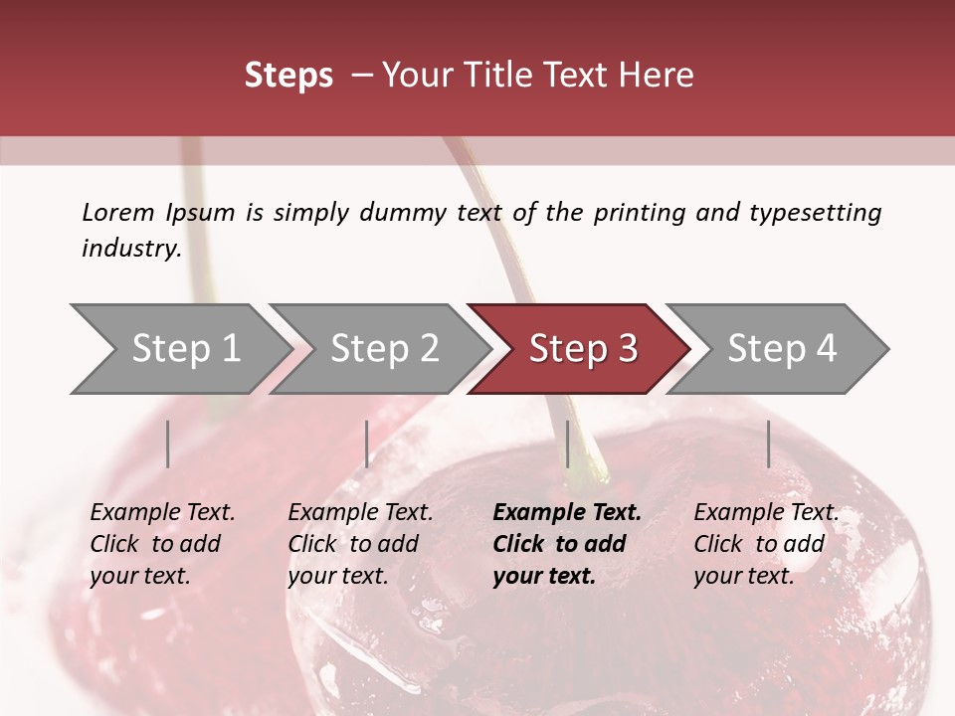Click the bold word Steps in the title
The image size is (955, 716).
[288, 76]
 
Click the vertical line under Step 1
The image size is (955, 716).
[168, 444]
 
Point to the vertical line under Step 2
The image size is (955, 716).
[367, 444]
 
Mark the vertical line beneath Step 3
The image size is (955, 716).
[567, 444]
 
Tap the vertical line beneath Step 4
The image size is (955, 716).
[768, 444]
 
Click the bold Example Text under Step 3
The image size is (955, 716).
[567, 513]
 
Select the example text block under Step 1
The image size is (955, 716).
[162, 544]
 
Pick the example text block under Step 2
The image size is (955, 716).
[360, 544]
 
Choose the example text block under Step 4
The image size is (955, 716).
[765, 544]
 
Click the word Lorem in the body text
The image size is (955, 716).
[117, 213]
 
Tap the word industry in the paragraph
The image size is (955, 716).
[130, 249]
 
